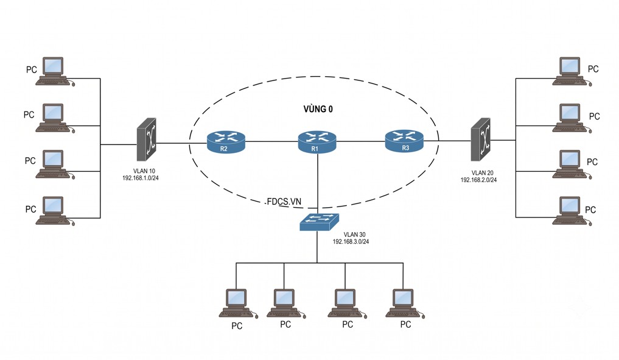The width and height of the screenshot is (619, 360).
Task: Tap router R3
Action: (404, 141)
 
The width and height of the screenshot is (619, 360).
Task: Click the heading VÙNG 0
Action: (318, 109)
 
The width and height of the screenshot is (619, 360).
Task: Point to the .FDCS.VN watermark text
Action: (282, 202)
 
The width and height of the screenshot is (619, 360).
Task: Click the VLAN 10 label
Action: (144, 171)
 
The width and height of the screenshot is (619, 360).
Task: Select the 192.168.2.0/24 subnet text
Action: (478, 180)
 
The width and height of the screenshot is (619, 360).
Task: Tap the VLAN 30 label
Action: (354, 235)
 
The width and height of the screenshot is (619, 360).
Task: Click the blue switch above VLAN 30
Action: (319, 222)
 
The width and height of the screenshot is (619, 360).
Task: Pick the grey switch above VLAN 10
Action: (147, 139)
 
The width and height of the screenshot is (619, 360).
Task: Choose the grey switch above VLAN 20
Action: (480, 139)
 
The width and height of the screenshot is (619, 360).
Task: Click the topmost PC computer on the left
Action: (55, 71)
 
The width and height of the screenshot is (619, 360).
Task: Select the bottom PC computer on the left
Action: (55, 211)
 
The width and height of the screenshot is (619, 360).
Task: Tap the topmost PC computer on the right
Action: (572, 71)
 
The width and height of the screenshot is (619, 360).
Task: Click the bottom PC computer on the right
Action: (572, 211)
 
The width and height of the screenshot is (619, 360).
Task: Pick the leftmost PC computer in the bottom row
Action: (238, 303)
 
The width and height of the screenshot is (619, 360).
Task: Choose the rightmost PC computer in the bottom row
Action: (405, 303)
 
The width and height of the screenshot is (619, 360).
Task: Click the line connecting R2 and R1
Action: (271, 141)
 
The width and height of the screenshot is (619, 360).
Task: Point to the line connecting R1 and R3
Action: (361, 141)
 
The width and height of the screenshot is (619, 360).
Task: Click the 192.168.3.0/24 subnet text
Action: (351, 241)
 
